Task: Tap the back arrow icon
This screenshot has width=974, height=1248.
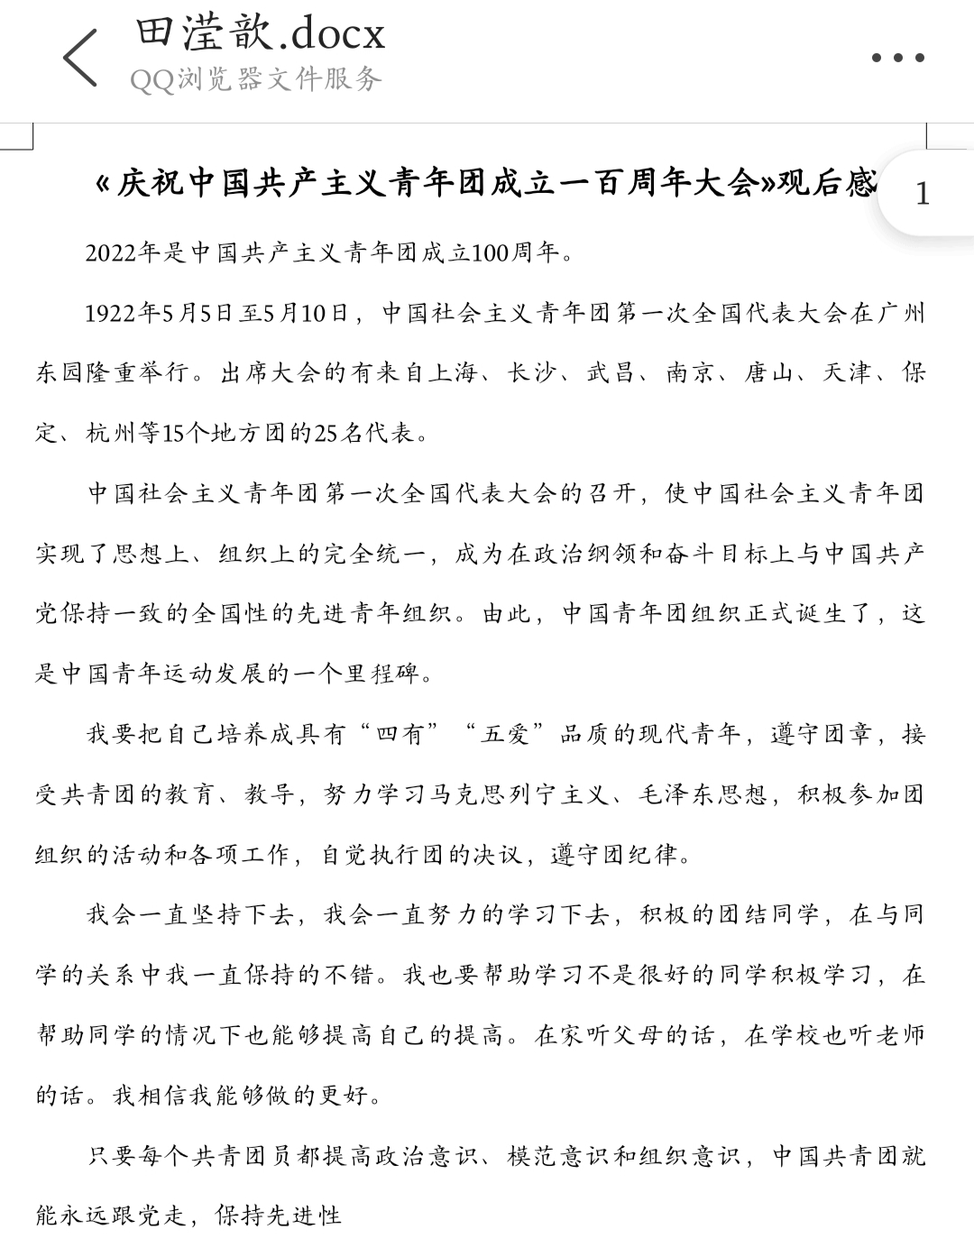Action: [x=80, y=57]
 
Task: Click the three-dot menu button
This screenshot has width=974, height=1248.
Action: [x=898, y=58]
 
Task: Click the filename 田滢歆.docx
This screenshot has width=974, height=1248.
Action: [x=261, y=34]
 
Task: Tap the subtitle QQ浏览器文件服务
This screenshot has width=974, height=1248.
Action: [x=256, y=79]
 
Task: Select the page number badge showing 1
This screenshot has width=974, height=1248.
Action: [x=922, y=193]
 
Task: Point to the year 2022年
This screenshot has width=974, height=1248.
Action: [x=124, y=253]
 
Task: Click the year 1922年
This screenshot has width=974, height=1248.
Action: [x=123, y=314]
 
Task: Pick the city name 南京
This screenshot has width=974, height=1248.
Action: [x=690, y=373]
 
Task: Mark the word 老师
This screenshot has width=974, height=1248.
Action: [x=901, y=1036]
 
